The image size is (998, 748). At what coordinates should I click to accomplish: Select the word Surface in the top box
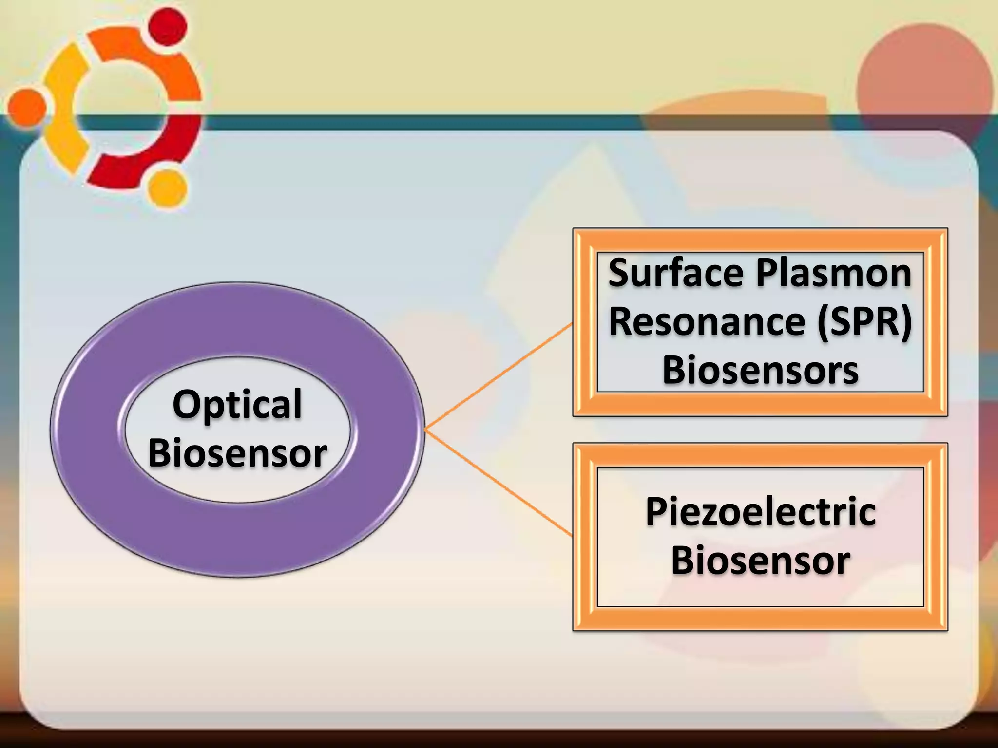click(675, 273)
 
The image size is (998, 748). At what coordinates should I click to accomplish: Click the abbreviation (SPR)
click(864, 323)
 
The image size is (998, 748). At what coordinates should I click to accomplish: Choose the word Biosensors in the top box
click(760, 371)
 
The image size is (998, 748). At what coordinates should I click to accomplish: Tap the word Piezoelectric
click(761, 512)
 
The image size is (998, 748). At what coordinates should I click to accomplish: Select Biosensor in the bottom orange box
click(761, 561)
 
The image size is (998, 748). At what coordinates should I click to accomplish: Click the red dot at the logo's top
click(167, 27)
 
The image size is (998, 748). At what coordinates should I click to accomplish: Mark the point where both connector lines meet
click(425, 430)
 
